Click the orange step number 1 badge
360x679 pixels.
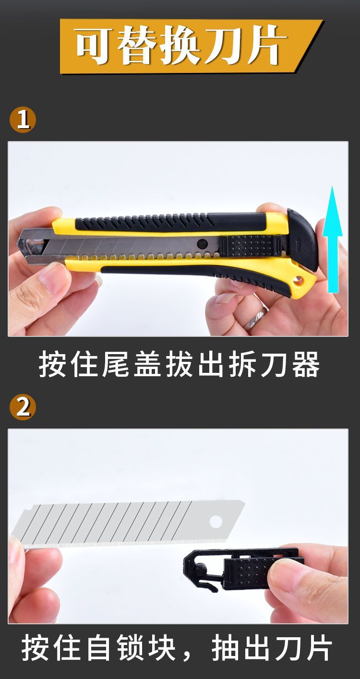(x=23, y=120)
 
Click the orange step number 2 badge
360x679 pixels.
(x=23, y=408)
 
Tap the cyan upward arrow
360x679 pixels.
(x=333, y=239)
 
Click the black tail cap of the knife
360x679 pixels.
(x=302, y=239)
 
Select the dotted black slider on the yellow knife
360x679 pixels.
(x=249, y=246)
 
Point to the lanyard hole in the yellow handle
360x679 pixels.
(x=299, y=281)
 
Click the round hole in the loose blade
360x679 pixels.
(x=216, y=521)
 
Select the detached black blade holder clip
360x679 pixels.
(x=242, y=570)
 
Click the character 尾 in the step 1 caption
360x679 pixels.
(x=116, y=364)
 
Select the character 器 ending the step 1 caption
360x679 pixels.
(x=306, y=364)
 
